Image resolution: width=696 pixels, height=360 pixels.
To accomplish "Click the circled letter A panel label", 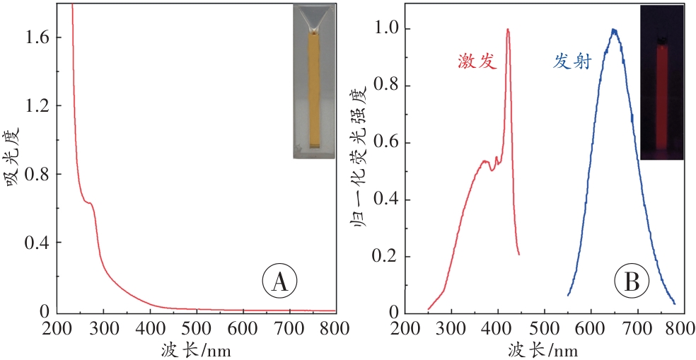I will (x=279, y=281).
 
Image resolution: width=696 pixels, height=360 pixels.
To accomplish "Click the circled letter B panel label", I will (x=630, y=281).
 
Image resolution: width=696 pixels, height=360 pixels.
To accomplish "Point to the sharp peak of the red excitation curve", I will (x=508, y=30).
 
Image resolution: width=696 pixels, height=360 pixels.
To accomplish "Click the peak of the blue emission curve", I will (x=614, y=30).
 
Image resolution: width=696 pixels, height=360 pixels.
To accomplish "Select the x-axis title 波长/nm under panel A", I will (x=195, y=349).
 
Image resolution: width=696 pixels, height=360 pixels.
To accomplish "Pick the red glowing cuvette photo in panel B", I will (x=662, y=83).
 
